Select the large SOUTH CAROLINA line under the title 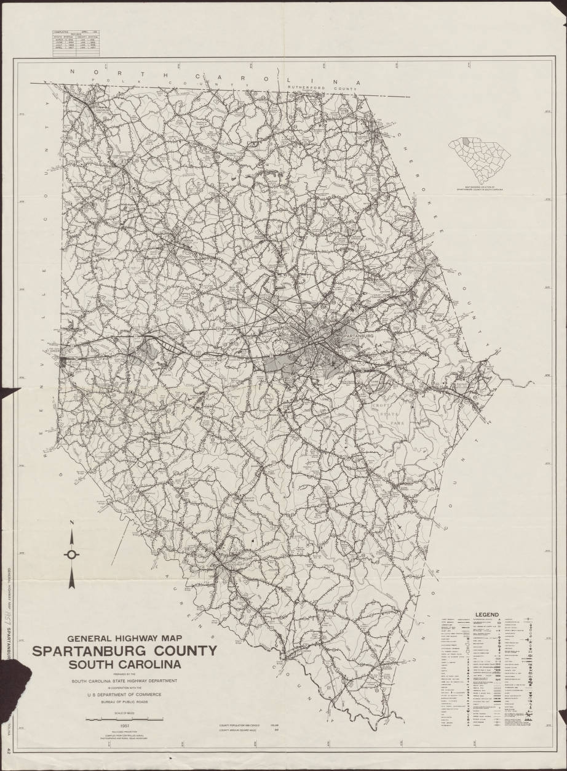pyautogui.click(x=125, y=665)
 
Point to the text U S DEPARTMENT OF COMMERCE pyautogui.click(x=125, y=695)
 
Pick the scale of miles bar pyautogui.click(x=125, y=719)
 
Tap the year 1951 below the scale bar pyautogui.click(x=125, y=726)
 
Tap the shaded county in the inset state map pyautogui.click(x=470, y=142)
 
